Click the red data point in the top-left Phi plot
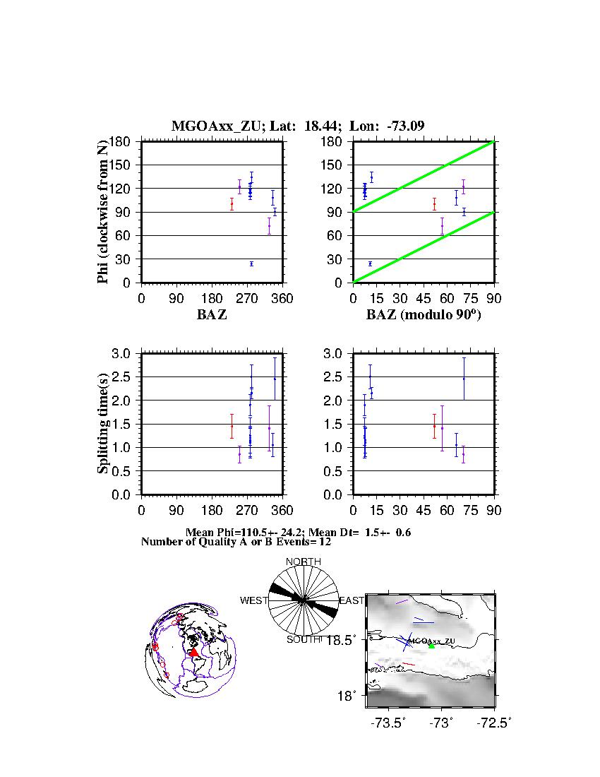coord(232,203)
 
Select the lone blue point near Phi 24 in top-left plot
coord(251,263)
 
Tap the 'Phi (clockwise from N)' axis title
coord(103,212)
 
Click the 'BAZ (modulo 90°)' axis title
coord(423,315)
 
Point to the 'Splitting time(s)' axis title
coord(103,424)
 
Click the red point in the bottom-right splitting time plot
coord(434,426)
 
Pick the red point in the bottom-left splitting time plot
coord(232,426)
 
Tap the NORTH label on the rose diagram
coord(304,562)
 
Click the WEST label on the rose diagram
coord(254,600)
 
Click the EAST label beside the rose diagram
coord(352,600)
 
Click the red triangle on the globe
coord(194,652)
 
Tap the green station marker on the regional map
coord(431,646)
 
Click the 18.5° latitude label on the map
coord(348,640)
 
